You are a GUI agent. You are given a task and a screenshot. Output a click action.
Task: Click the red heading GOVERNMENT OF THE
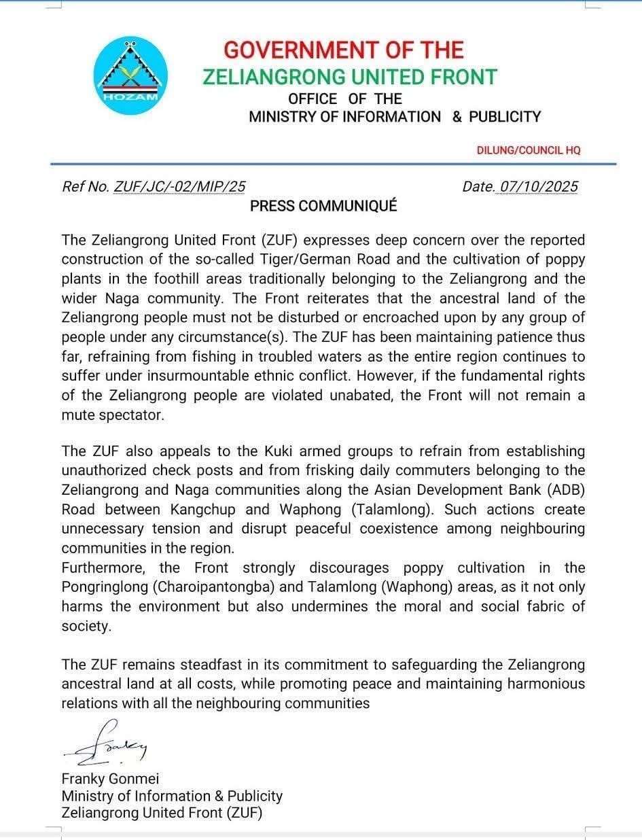344,50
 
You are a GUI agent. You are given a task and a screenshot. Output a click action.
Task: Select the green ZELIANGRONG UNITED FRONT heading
350,77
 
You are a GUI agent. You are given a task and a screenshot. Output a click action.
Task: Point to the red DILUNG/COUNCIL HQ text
529,150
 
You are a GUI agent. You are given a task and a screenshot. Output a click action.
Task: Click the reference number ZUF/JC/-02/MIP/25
180,187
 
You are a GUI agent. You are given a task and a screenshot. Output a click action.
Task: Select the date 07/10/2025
539,187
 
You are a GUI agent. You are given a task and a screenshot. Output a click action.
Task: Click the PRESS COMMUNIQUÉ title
323,207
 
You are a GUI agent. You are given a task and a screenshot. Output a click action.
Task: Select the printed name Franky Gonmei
110,779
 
